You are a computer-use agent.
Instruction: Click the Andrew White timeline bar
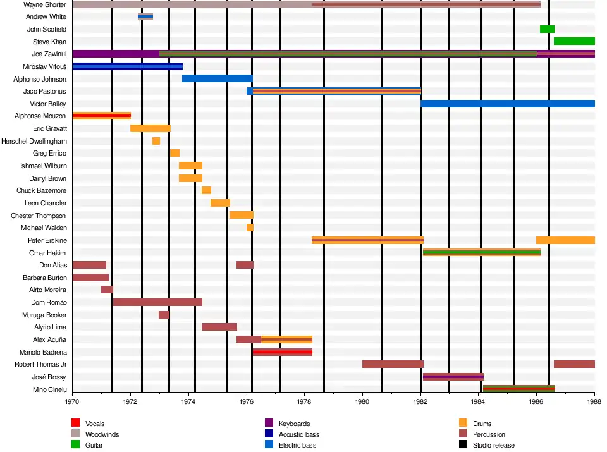145,16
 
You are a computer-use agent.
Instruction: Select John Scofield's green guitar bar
547,29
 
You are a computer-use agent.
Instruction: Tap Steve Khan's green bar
574,41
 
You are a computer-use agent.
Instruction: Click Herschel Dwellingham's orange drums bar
156,141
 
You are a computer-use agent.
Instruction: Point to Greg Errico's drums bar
175,153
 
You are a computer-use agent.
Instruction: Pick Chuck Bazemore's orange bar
206,190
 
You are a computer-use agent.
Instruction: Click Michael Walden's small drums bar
250,228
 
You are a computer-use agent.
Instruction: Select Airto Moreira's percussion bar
107,290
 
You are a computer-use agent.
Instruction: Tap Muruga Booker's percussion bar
164,315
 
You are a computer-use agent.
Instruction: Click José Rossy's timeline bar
453,377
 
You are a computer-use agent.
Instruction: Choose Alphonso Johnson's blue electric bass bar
217,78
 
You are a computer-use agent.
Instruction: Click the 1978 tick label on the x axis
304,401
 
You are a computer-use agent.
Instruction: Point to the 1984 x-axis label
478,401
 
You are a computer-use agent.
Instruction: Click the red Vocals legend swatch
75,423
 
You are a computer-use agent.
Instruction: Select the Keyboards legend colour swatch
269,423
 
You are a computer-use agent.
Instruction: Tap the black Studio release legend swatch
463,445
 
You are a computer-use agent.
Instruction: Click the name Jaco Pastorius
44,92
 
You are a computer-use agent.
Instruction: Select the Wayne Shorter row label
45,4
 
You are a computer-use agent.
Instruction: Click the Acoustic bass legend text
299,434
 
